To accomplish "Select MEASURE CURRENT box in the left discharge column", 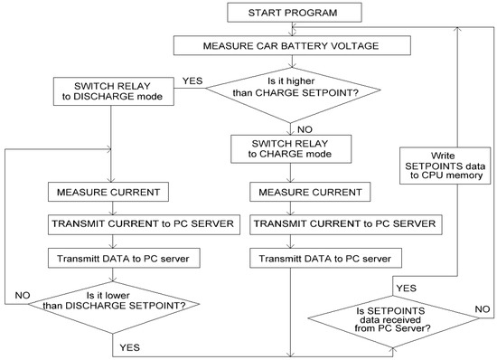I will pyautogui.click(x=108, y=192).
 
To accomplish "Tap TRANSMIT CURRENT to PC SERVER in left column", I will pyautogui.click(x=108, y=224).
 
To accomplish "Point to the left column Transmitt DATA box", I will pyautogui.click(x=108, y=257).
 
